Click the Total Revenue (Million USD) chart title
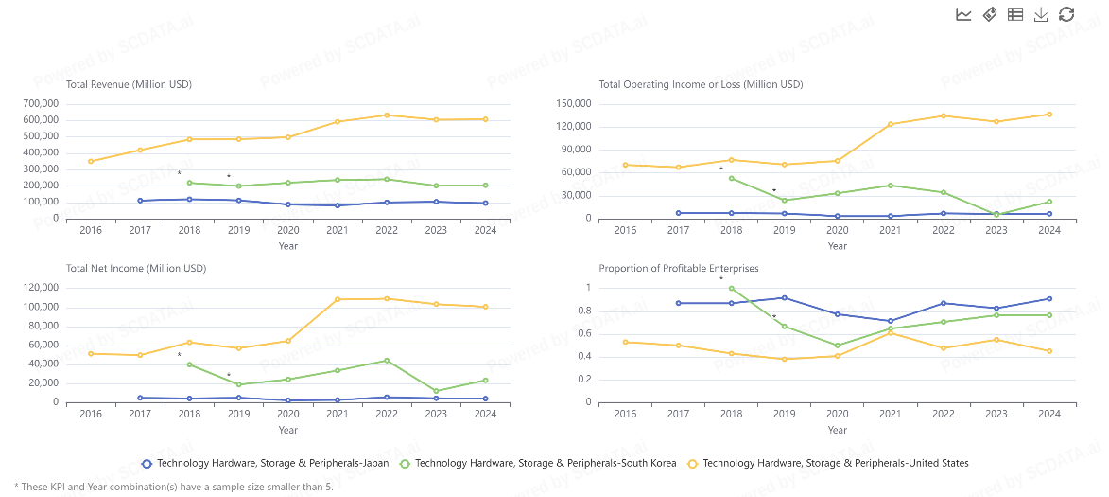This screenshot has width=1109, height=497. point(129,84)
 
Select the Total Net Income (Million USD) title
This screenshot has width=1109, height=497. point(135,268)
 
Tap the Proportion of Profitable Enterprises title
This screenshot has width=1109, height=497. point(678,268)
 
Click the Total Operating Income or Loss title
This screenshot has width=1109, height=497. point(701,84)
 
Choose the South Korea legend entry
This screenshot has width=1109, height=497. point(538,463)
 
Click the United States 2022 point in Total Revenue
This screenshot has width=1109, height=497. point(386,115)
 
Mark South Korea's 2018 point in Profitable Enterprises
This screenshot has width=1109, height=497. point(731,288)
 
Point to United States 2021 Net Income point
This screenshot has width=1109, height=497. point(337,299)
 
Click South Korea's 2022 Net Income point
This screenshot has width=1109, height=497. point(386,360)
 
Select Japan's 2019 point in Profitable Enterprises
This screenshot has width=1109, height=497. point(784,297)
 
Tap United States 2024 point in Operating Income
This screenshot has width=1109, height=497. point(1048,115)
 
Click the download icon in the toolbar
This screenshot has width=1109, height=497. point(1041,14)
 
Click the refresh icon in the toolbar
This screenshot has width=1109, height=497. point(1066,14)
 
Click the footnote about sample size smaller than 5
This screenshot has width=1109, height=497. point(174,487)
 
